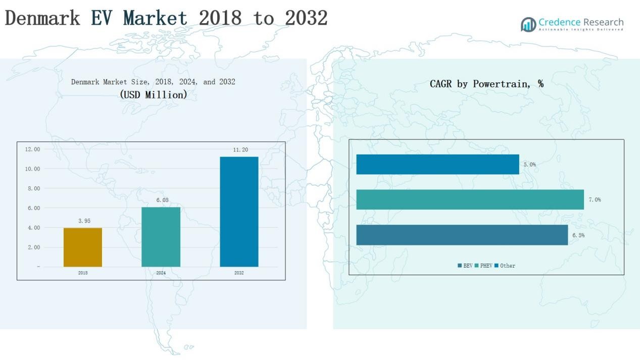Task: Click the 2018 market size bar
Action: point(83,247)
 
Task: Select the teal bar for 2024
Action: point(161,237)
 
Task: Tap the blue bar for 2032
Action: point(239,212)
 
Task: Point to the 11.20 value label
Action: point(240,150)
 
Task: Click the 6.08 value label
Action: point(162,200)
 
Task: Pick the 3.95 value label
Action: point(84,221)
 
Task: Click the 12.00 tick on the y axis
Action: point(32,149)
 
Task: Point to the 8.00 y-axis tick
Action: point(33,188)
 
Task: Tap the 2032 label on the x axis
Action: point(239,273)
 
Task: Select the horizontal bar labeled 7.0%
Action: point(470,199)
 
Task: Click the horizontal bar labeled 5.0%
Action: point(437,165)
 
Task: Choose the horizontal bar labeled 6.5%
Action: point(462,235)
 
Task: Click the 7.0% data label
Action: point(595,200)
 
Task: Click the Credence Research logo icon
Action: point(528,24)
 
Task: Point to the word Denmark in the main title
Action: point(42,18)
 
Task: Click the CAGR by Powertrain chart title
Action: point(486,84)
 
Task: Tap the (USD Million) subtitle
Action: point(153,94)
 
